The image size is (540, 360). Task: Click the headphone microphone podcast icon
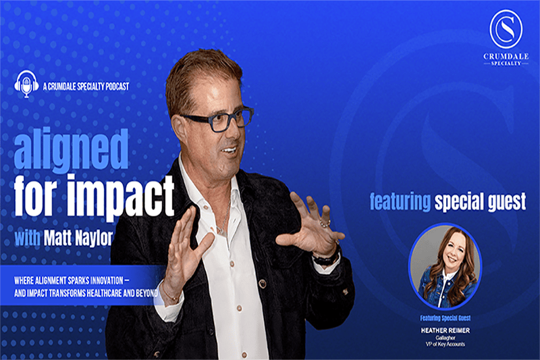click(x=26, y=84)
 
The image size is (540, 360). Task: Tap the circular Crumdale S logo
click(x=506, y=29)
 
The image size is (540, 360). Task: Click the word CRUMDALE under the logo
click(x=506, y=56)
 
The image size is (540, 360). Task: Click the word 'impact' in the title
click(x=121, y=196)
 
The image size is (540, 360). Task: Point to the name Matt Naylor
click(x=78, y=238)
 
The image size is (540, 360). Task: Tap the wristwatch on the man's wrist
click(x=327, y=257)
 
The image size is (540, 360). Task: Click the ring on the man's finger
click(x=325, y=224)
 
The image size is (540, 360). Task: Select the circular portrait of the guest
click(x=445, y=266)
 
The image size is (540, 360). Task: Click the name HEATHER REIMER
click(x=445, y=330)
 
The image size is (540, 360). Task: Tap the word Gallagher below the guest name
click(x=445, y=338)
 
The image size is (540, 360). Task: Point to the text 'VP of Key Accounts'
click(x=445, y=344)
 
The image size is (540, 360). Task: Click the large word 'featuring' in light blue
click(x=400, y=201)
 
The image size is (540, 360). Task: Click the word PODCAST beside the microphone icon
click(x=117, y=86)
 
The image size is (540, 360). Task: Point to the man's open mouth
click(x=229, y=150)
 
